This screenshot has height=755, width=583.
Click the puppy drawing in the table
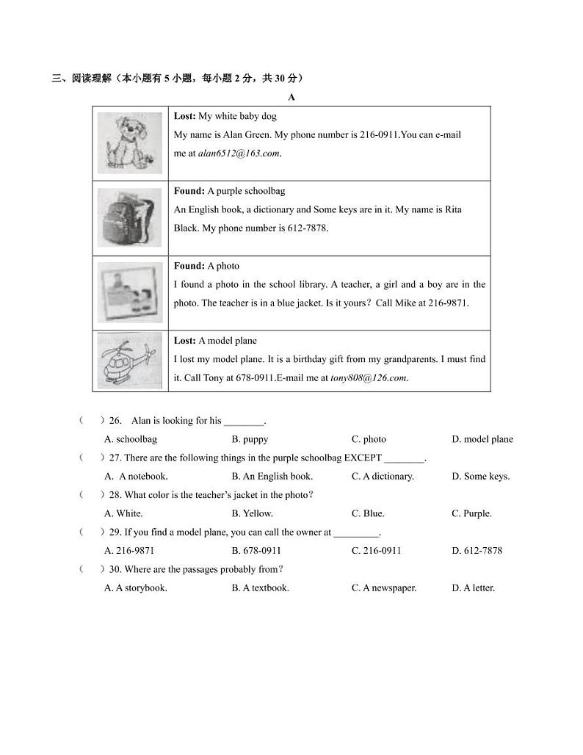(131, 142)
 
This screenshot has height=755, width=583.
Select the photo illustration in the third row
(130, 292)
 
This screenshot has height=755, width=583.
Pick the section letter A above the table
(291, 97)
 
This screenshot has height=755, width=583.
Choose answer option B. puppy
(250, 439)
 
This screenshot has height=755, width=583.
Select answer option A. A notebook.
(137, 477)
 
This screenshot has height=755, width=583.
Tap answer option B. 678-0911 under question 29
(256, 551)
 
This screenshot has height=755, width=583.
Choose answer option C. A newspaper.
(384, 588)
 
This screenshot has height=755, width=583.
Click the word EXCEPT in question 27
(362, 458)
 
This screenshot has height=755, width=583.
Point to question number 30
(115, 569)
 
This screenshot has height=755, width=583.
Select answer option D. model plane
(482, 439)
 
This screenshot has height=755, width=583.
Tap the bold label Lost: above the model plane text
(185, 341)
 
